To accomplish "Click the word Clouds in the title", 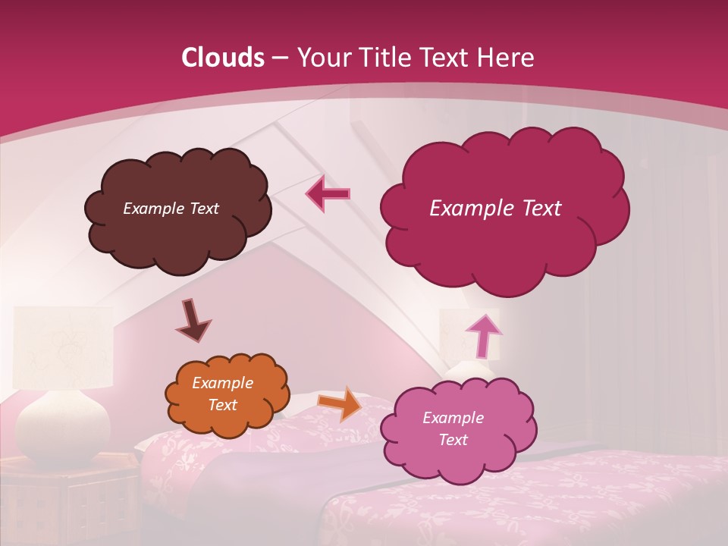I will [222, 58].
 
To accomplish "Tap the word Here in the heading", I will [506, 58].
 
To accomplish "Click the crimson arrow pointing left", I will [328, 194].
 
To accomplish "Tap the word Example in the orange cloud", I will [222, 383].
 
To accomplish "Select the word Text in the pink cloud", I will [453, 440].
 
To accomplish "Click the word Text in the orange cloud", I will [222, 405].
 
